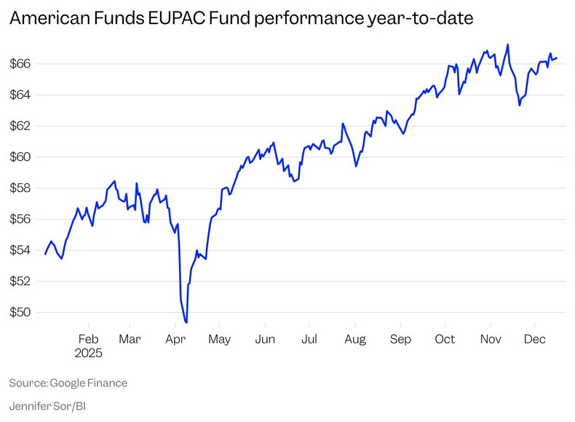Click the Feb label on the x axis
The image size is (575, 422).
(88, 339)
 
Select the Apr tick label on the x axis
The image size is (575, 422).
(175, 339)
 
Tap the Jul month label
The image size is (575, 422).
(309, 339)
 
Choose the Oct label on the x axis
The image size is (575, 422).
(445, 339)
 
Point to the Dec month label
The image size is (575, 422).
(535, 339)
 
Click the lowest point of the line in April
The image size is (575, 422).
(187, 322)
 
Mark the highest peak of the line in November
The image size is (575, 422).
(507, 44)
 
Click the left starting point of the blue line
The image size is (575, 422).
(45, 254)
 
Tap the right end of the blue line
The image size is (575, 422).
(557, 58)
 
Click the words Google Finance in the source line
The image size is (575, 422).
(89, 383)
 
